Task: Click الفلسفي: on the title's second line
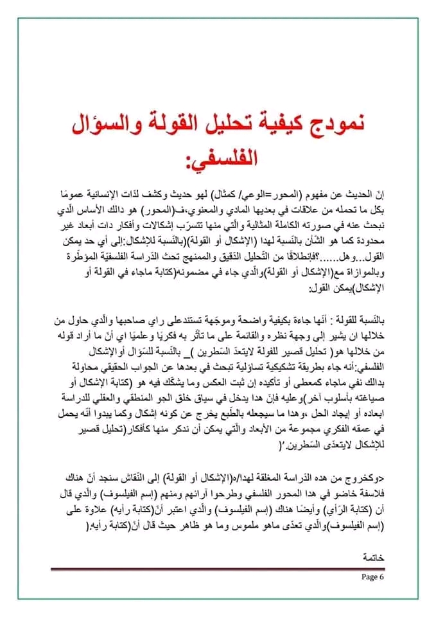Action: [218, 156]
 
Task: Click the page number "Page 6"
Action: [372, 577]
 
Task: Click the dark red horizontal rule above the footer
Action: [218, 568]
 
